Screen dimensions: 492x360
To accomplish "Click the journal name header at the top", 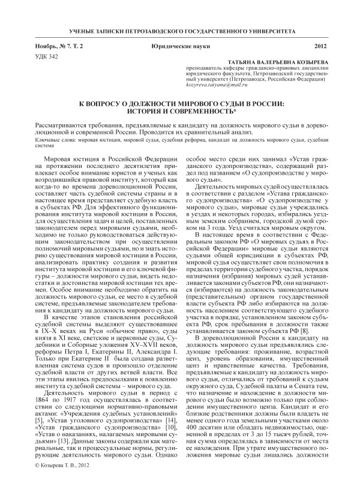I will pos(179,29).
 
